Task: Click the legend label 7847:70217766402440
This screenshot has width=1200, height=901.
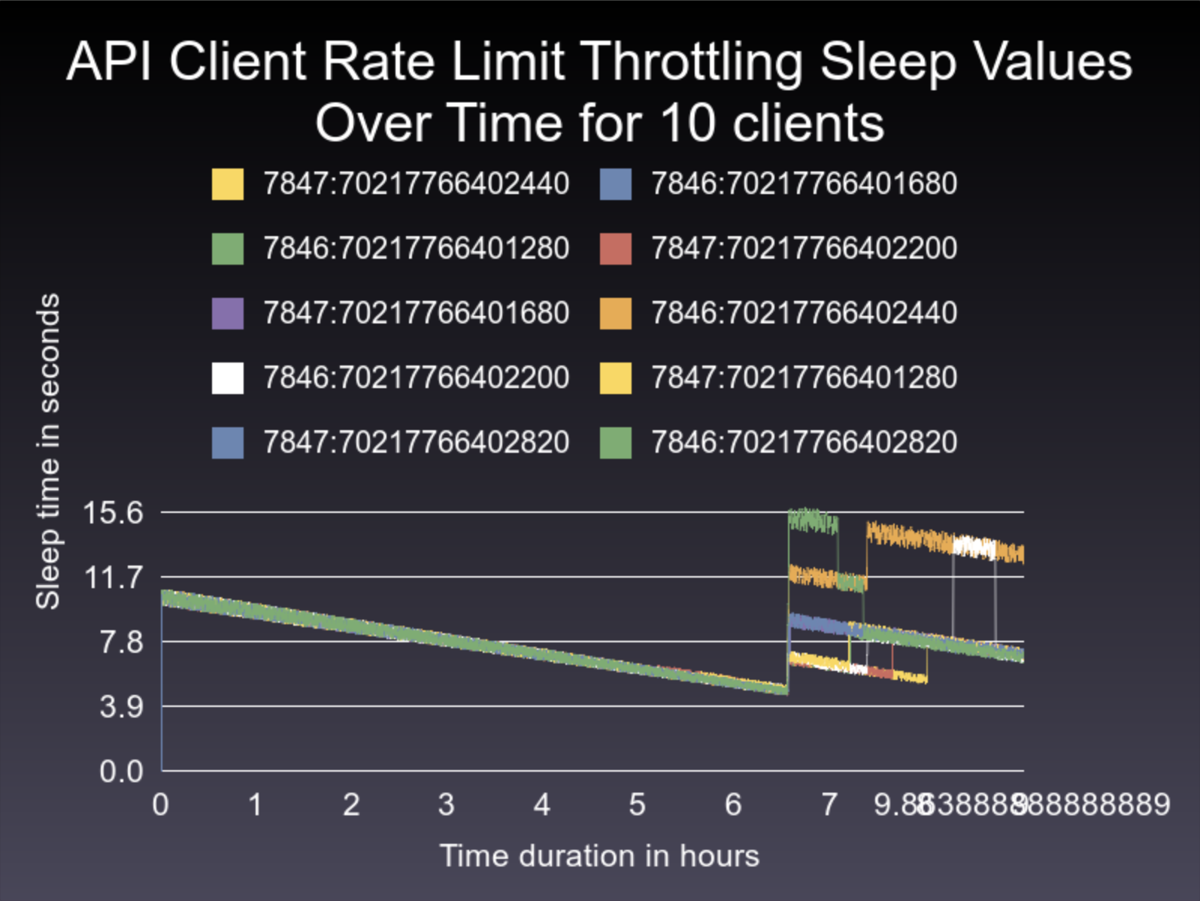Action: pos(415,184)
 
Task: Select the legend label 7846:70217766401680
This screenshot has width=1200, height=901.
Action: pos(803,184)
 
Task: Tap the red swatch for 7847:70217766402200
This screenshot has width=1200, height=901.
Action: pos(615,249)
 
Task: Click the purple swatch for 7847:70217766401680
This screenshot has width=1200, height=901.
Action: pos(228,314)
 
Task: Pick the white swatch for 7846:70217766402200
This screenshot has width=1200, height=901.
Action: pos(228,378)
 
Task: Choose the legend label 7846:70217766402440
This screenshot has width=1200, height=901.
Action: pos(803,314)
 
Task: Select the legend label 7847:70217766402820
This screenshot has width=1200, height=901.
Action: pos(415,443)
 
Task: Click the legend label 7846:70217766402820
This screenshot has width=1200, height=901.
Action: pos(803,443)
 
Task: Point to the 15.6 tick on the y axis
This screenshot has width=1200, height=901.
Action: pos(113,514)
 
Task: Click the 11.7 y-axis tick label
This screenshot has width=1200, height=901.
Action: pos(113,578)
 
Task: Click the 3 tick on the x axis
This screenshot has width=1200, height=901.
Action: pos(446,805)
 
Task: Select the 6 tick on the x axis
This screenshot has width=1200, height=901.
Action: pos(733,805)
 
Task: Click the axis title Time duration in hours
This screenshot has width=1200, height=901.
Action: pos(599,857)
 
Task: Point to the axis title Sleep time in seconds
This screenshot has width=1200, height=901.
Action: pos(48,451)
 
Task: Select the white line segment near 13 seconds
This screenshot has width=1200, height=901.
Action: pos(974,547)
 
